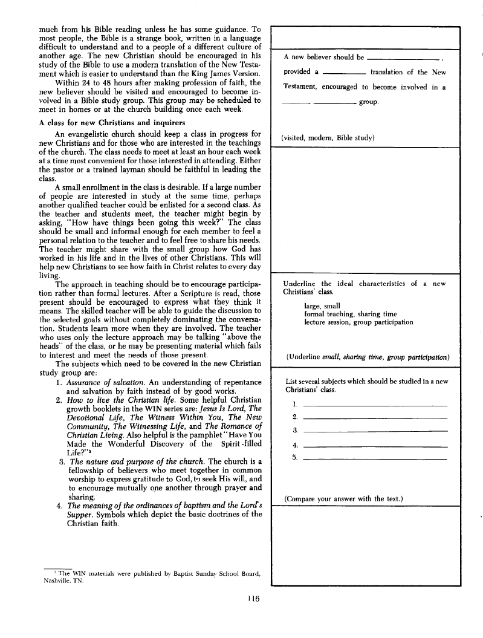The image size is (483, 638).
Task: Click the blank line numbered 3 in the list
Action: coord(374,414)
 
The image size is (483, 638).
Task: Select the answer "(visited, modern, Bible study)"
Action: coord(329,137)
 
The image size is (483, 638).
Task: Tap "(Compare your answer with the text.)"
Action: coord(343,498)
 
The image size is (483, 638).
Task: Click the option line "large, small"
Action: coord(322,306)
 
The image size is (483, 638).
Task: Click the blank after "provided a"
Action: coord(344,73)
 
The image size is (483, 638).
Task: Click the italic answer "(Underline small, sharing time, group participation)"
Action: coord(367,357)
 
